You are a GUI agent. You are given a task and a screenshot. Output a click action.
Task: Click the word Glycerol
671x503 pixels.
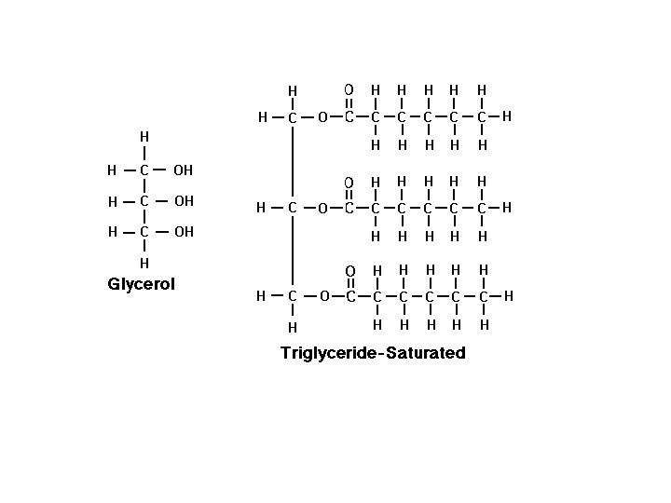tap(142, 284)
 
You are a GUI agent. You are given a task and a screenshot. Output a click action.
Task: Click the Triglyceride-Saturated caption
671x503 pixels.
tap(373, 353)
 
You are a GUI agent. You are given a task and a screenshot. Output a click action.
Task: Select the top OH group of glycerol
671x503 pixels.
tap(184, 170)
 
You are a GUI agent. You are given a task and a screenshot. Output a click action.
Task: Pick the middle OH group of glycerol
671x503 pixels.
tap(184, 201)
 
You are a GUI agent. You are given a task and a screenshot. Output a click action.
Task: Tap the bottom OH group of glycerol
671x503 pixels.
tap(184, 232)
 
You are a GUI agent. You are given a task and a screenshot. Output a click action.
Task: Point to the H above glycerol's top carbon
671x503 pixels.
tap(144, 136)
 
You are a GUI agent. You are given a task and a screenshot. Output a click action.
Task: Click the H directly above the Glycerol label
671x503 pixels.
tap(144, 264)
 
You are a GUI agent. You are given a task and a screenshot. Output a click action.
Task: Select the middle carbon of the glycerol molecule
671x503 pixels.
tap(144, 201)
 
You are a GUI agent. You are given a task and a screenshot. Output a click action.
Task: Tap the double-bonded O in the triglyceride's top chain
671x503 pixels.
tap(349, 90)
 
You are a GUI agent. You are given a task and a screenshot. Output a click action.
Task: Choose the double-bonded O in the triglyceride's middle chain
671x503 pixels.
tap(349, 182)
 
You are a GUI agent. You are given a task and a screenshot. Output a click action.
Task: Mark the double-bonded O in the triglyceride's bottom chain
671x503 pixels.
tap(349, 271)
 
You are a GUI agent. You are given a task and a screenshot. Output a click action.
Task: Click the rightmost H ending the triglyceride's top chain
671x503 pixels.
tap(507, 117)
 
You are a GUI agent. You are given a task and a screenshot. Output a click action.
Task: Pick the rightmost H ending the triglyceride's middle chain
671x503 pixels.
tap(507, 208)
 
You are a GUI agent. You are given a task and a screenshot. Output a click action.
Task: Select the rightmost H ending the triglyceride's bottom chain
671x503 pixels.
tap(509, 296)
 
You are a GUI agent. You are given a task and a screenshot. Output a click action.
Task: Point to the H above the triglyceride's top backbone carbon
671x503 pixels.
tap(293, 90)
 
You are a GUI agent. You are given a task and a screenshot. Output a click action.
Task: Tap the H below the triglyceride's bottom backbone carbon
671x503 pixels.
tap(293, 327)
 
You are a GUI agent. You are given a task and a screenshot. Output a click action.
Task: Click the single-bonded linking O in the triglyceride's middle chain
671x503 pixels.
tap(322, 209)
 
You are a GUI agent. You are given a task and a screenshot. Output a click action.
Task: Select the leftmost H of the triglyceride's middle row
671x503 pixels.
tap(262, 208)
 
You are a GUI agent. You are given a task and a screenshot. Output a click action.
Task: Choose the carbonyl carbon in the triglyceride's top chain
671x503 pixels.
tap(349, 117)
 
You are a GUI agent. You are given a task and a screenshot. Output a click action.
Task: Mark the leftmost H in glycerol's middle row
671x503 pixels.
tap(112, 202)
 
